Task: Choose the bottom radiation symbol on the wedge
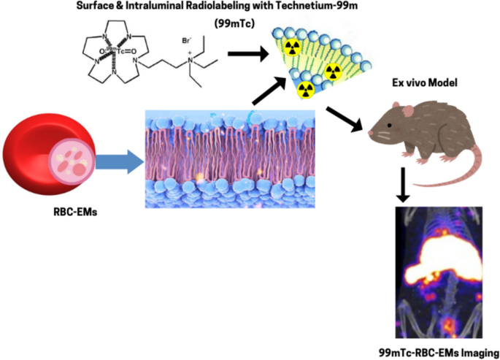click(306, 90)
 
